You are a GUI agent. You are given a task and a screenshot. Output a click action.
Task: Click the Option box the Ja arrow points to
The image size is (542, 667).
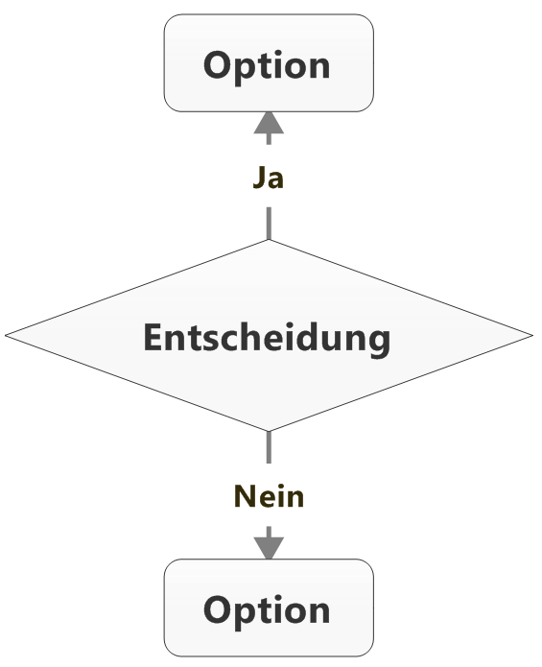(x=269, y=63)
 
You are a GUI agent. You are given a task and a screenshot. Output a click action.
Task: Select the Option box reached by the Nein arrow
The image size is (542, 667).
(x=269, y=607)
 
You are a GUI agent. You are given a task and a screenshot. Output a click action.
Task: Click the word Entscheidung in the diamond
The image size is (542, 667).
(x=267, y=339)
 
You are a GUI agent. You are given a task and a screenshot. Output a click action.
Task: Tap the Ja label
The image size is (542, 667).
(x=269, y=178)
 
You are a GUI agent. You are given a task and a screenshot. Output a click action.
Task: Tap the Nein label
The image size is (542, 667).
(x=270, y=496)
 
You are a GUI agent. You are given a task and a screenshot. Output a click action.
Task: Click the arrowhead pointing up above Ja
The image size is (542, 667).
(x=269, y=123)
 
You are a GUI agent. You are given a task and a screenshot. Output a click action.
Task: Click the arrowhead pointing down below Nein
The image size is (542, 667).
(x=269, y=548)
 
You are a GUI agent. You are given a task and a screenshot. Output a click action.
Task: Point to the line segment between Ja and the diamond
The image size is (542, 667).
(x=269, y=224)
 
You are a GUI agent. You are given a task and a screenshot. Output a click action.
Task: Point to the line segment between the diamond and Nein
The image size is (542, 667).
(x=269, y=447)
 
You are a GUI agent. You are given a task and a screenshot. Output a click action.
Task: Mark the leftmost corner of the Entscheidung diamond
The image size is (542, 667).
(x=5, y=335)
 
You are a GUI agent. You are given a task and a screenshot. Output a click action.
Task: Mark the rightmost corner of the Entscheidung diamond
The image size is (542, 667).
(x=532, y=335)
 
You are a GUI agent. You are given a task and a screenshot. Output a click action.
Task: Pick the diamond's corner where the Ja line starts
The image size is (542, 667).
(x=269, y=240)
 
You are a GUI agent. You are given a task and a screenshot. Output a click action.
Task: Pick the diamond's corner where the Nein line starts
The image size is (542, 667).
(x=269, y=431)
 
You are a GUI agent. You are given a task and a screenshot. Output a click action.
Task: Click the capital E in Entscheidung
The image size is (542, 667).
(x=153, y=338)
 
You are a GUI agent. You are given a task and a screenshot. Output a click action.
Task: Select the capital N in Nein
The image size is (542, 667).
(x=245, y=496)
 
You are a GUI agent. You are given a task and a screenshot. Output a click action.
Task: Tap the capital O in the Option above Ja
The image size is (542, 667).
(x=218, y=64)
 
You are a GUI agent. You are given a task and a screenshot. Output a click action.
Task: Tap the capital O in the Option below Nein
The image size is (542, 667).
(x=218, y=609)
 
